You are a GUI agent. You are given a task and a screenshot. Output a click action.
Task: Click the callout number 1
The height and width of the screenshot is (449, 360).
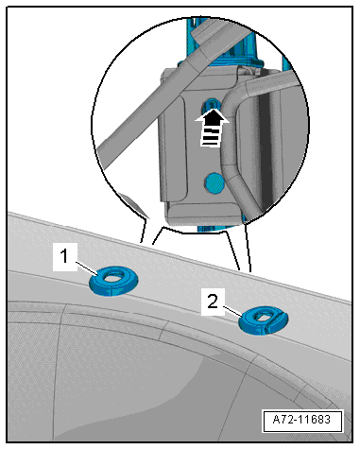click(64, 256)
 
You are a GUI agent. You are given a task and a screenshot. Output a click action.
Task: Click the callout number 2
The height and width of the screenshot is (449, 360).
click(213, 302)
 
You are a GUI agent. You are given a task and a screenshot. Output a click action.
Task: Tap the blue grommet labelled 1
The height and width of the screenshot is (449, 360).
click(113, 281)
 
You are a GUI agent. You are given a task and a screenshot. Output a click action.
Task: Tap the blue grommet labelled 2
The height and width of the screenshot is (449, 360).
click(264, 320)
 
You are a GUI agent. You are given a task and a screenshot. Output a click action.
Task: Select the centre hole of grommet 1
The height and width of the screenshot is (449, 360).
click(113, 276)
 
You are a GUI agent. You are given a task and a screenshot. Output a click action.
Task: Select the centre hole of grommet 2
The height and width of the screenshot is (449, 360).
click(262, 316)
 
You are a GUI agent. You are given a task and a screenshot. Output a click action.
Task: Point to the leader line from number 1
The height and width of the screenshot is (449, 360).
click(88, 268)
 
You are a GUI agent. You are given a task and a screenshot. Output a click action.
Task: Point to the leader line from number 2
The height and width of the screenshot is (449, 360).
click(233, 311)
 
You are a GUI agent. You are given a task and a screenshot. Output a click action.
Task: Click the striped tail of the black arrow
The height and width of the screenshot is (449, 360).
click(210, 137)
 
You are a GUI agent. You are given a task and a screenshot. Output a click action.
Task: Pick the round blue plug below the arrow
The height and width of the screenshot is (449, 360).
click(214, 182)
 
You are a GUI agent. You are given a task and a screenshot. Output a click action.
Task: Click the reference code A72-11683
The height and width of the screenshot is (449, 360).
click(301, 420)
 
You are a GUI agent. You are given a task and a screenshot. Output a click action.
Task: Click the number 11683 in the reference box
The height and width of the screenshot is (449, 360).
click(314, 420)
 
